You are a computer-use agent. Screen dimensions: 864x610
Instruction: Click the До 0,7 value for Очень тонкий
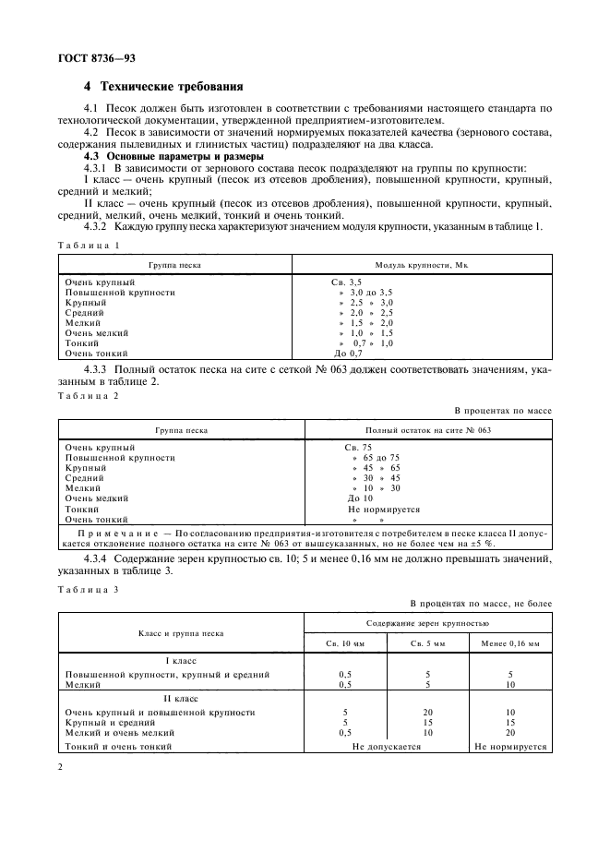point(348,354)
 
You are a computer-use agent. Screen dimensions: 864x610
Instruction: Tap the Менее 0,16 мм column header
point(510,642)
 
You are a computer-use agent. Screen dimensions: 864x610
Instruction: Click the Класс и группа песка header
point(180,633)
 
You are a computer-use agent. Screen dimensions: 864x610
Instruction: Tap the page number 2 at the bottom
point(60,767)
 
